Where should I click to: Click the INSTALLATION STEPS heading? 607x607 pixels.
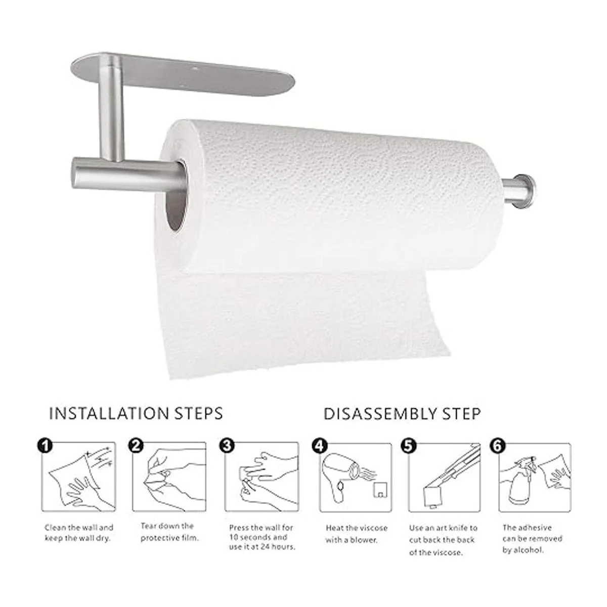[136, 414]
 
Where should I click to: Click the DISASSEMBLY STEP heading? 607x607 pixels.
[402, 414]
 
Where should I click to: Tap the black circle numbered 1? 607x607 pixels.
[45, 446]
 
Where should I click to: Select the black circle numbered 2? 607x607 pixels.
[136, 446]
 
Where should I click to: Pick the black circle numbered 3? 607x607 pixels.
[228, 446]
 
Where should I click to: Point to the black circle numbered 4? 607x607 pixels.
[319, 446]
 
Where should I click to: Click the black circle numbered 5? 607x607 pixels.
[408, 446]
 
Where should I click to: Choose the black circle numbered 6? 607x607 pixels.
[497, 446]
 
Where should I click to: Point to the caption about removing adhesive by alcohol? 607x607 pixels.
[532, 539]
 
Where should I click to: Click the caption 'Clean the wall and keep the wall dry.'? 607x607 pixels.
[79, 533]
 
